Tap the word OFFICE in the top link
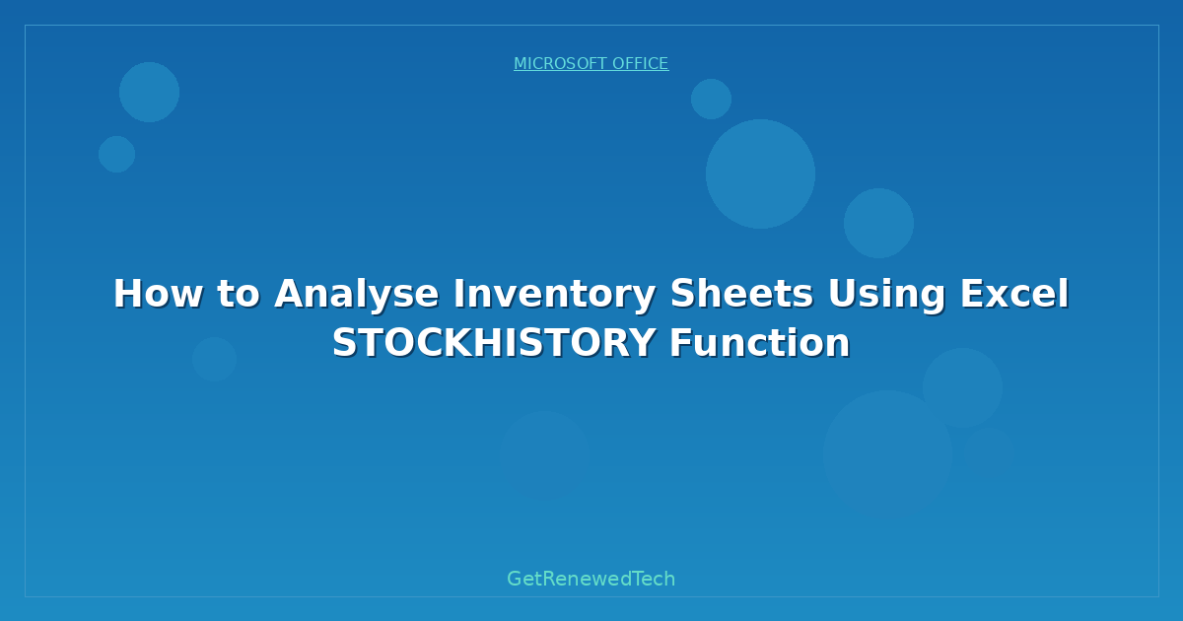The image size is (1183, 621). click(641, 64)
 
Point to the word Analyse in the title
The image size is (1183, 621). click(356, 294)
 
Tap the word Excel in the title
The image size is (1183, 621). click(1015, 294)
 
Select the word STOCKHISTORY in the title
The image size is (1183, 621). click(494, 343)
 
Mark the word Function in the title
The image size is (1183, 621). click(759, 343)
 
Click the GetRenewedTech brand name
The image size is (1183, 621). click(591, 579)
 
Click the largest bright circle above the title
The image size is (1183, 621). click(760, 173)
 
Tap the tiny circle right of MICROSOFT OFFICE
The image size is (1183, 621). click(711, 99)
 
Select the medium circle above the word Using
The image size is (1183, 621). click(878, 223)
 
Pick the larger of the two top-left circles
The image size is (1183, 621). click(149, 92)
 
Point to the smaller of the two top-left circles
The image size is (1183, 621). click(116, 154)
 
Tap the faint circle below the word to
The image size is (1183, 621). click(214, 359)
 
